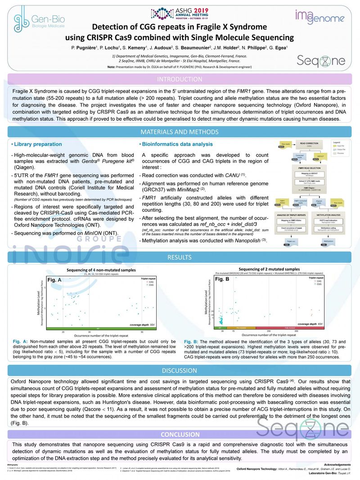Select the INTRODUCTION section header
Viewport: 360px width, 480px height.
[180, 79]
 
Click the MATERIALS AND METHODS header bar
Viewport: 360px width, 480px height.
[180, 132]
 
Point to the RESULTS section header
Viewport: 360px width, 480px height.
[180, 257]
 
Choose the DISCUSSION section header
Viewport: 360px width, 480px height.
[180, 371]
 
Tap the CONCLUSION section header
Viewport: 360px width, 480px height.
[180, 434]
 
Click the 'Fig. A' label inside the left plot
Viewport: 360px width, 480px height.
[55, 280]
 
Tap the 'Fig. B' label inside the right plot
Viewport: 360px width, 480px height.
[222, 279]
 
